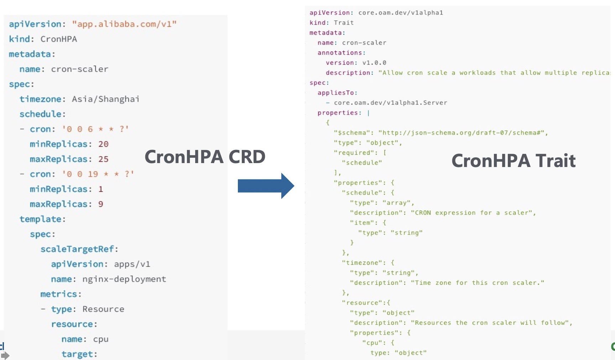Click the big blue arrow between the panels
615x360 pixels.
pos(266,186)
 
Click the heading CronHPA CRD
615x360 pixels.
pos(205,157)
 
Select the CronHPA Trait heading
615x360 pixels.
pos(514,161)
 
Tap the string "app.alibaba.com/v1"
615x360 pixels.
pos(124,24)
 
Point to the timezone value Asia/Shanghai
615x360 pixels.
pos(105,99)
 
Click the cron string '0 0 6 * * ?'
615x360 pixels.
pos(95,129)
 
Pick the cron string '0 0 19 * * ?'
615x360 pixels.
pos(98,174)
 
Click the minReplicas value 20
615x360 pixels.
pos(103,144)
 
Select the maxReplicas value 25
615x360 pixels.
pos(103,159)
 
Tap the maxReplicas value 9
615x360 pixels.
pos(101,204)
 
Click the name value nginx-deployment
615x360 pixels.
pos(124,279)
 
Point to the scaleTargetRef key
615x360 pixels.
pos(77,249)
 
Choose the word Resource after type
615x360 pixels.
pos(103,309)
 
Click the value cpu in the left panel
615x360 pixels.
pos(101,339)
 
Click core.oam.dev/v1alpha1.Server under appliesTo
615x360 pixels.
pos(391,103)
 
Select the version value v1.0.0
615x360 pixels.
pos(374,63)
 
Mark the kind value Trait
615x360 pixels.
pos(344,23)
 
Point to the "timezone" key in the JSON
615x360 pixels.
pos(364,263)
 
